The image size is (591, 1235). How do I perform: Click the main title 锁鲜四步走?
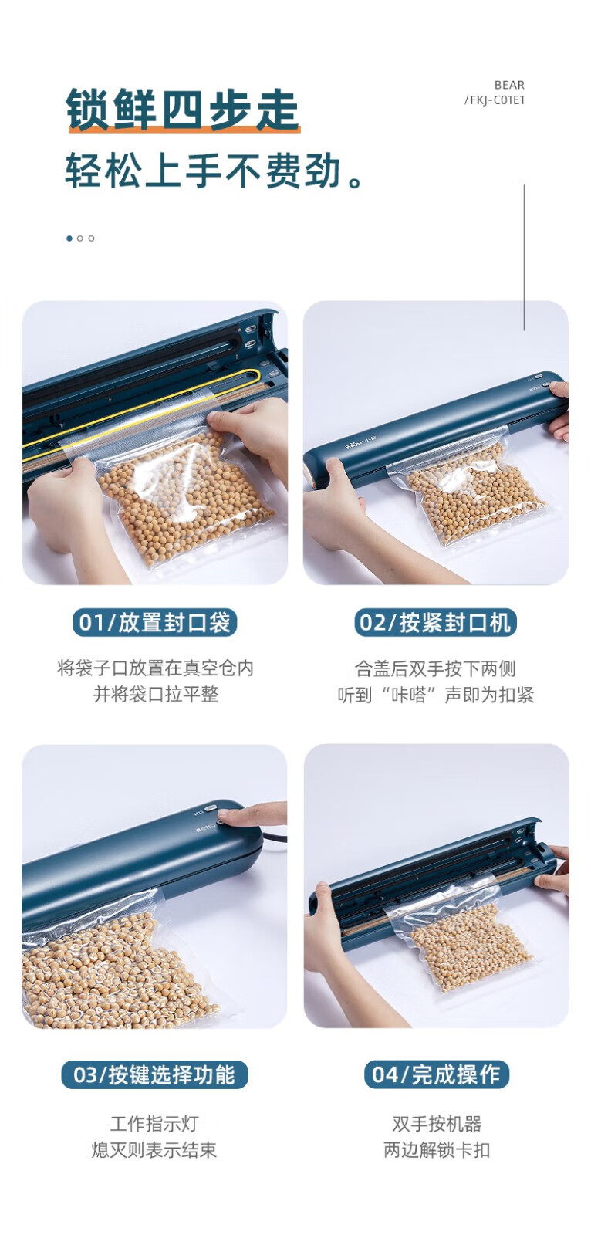pos(183,109)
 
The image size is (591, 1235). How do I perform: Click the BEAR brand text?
pos(509,85)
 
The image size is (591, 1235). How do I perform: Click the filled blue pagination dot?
pos(69,239)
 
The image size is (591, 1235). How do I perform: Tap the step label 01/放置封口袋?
pos(154,622)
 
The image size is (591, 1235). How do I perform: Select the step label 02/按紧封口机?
pos(435,622)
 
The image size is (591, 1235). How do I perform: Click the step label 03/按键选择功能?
pos(154,1074)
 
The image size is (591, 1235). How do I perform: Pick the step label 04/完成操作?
pos(436,1074)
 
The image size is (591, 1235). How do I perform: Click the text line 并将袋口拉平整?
pos(156,694)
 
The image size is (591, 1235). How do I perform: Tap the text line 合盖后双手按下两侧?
pos(435,668)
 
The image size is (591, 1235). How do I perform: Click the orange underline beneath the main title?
pos(184,129)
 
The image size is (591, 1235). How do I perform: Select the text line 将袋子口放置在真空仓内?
pos(156,668)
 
